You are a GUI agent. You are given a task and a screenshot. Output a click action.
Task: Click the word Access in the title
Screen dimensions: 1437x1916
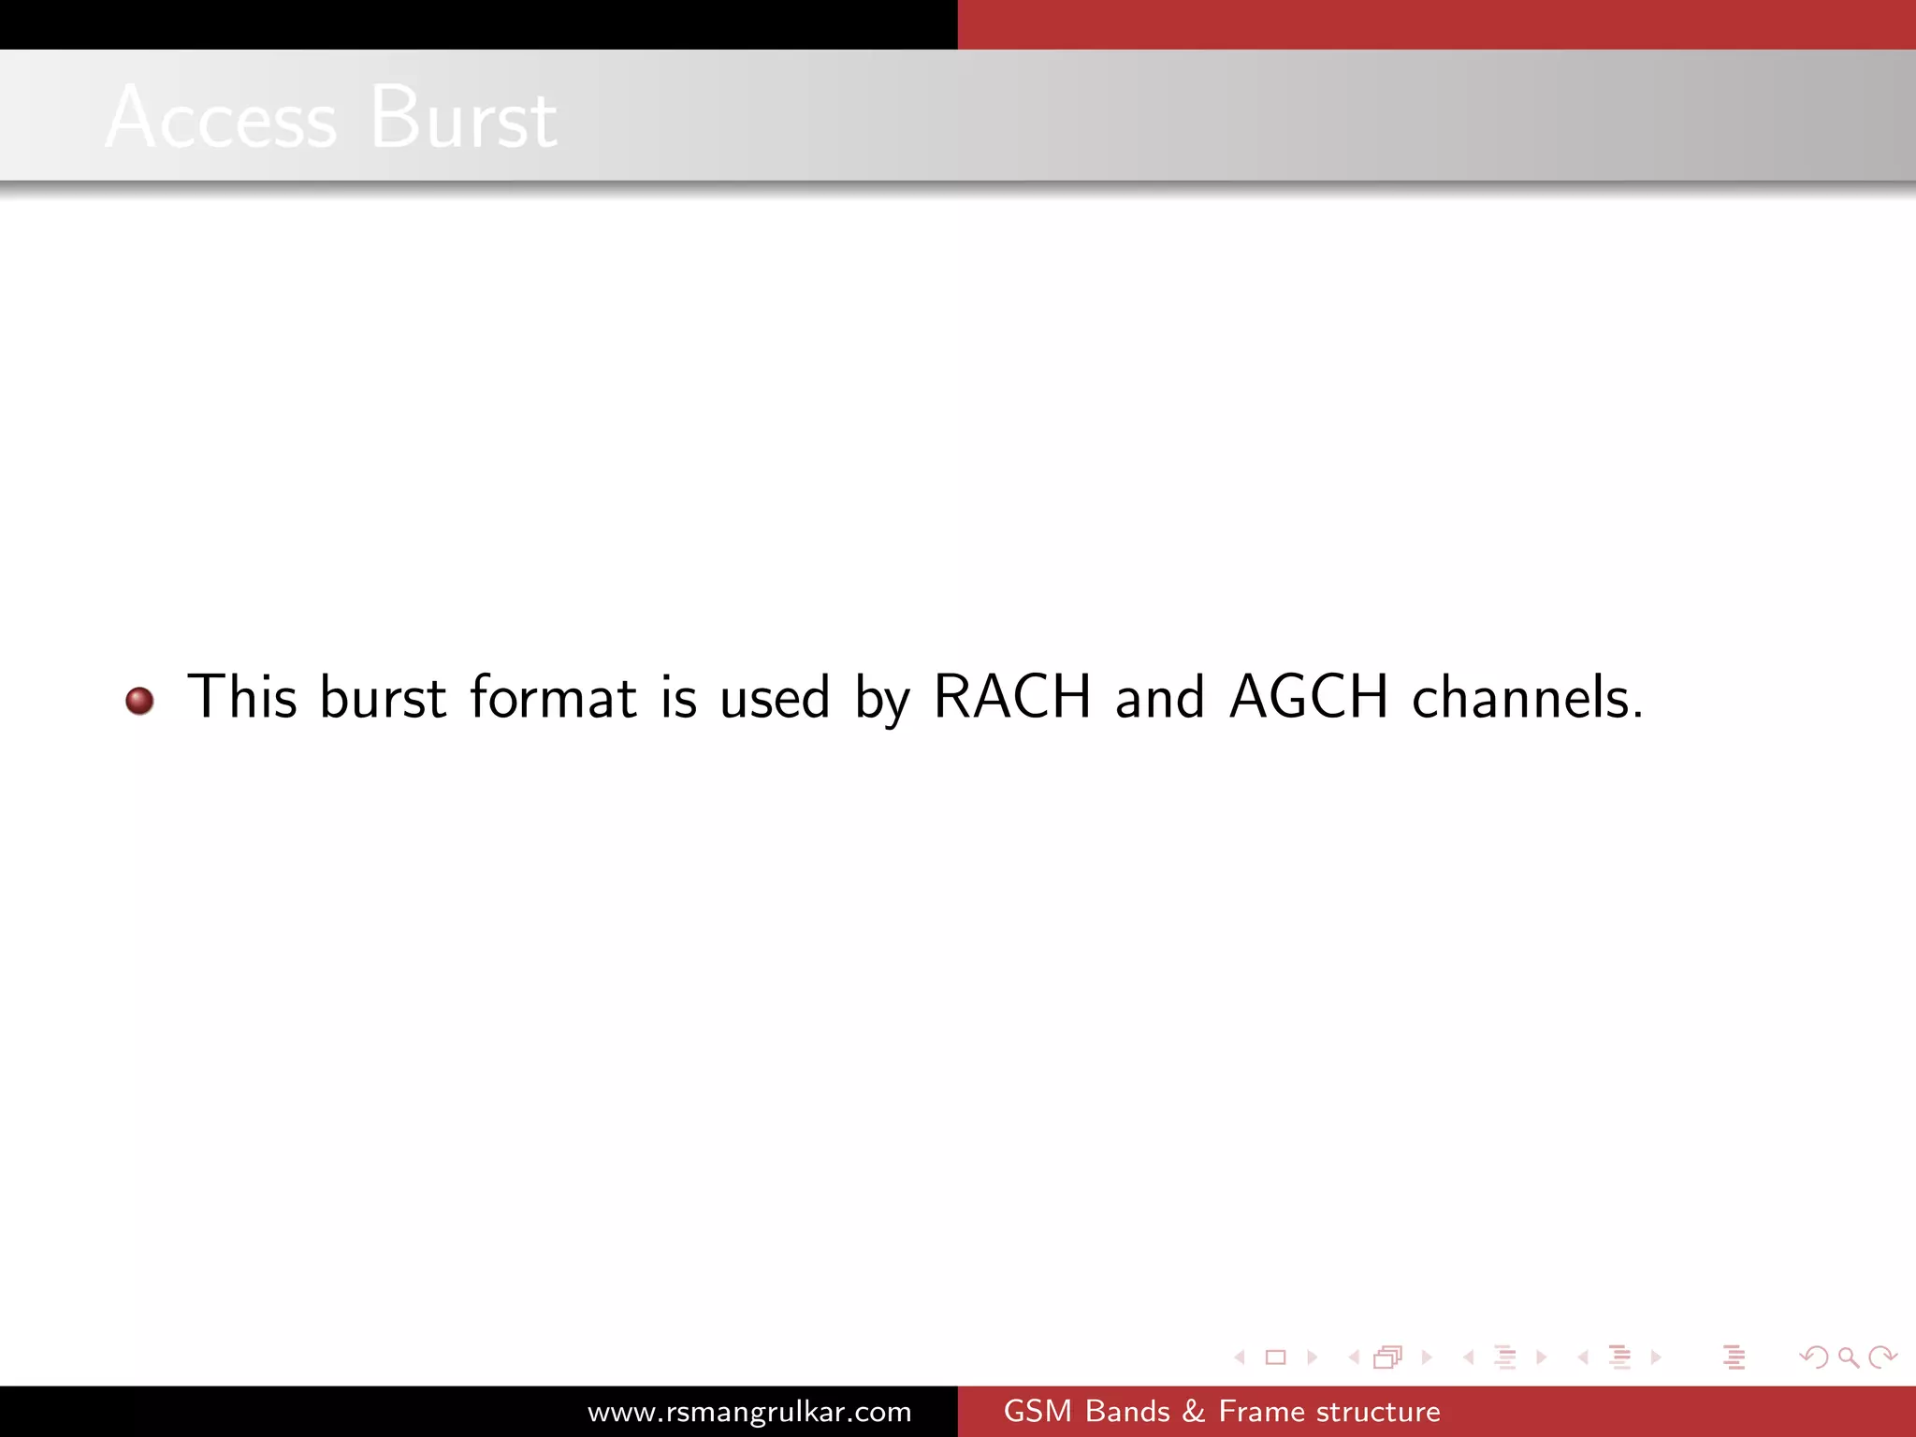[221, 118]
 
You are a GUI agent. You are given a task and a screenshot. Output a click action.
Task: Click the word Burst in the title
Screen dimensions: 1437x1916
[464, 118]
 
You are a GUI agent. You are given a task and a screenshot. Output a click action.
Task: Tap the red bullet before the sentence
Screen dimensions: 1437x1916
[139, 701]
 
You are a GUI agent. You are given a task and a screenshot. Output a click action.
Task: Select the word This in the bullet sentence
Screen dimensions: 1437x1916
[242, 697]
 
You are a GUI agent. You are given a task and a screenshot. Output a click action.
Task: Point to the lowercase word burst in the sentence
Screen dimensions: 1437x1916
[383, 697]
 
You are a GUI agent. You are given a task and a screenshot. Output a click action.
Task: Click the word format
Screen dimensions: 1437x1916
[553, 697]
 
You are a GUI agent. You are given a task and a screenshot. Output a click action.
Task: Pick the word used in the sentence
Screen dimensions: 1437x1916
[775, 697]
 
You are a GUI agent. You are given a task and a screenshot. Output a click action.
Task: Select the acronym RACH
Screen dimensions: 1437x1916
[1012, 697]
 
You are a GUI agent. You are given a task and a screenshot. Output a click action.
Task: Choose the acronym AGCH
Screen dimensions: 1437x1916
[1309, 697]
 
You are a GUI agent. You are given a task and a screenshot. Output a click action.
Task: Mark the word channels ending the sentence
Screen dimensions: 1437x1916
[1527, 697]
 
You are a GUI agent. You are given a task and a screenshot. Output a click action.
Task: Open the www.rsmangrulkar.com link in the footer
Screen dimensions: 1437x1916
[749, 1412]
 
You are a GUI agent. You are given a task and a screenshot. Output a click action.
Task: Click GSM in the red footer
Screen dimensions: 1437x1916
[1038, 1412]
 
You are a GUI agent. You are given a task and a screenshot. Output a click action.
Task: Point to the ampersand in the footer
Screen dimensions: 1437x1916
[1194, 1412]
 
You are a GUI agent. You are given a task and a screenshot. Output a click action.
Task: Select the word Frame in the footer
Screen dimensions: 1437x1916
[1259, 1412]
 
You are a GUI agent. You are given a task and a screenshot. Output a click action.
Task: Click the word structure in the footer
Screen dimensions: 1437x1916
[1378, 1412]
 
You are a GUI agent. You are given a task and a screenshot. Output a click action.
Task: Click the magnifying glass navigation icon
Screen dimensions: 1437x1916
[1848, 1357]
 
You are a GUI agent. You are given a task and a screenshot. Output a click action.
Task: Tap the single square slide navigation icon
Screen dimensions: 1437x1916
[1275, 1357]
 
